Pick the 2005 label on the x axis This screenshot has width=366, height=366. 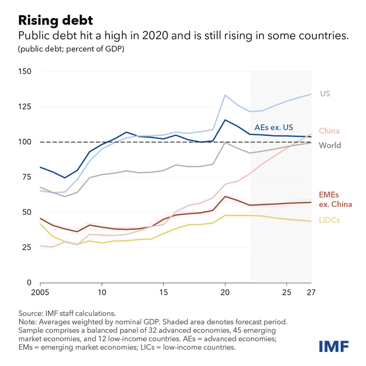[40, 293]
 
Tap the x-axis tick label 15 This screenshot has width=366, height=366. [163, 293]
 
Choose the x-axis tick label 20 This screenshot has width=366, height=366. [224, 293]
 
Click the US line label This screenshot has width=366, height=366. [325, 93]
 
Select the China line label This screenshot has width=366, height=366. [329, 131]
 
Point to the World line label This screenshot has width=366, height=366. [330, 145]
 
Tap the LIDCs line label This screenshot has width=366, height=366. [329, 221]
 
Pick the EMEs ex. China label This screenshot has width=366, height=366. [335, 200]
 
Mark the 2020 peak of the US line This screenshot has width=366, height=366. [225, 95]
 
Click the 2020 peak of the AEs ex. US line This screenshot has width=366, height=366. [225, 120]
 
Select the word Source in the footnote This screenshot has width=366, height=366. [30, 312]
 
